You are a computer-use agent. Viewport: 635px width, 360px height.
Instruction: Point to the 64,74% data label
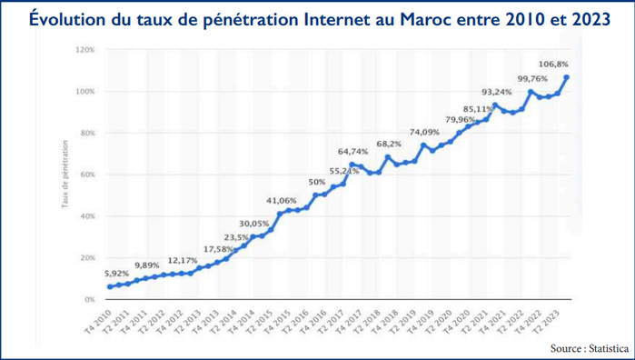(x=353, y=151)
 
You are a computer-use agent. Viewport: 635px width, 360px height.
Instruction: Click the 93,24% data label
(x=496, y=92)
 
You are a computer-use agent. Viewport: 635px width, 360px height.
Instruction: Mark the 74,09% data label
(x=424, y=133)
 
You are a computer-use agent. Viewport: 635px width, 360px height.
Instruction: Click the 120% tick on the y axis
(x=84, y=50)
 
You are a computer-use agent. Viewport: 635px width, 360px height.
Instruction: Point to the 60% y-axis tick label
(x=87, y=175)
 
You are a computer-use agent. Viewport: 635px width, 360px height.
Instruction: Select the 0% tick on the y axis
(x=89, y=299)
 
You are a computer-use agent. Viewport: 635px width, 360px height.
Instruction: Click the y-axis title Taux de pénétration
(x=65, y=175)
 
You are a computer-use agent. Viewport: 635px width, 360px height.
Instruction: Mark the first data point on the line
(x=110, y=286)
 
